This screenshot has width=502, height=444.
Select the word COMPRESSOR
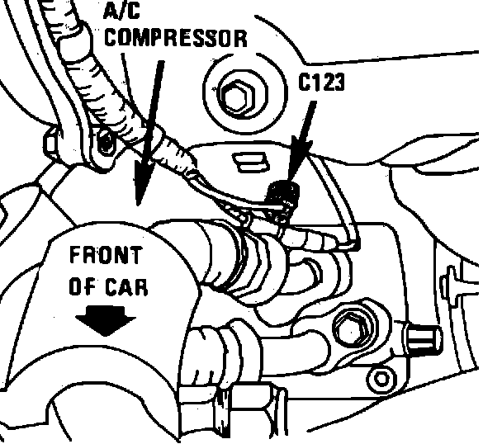(x=175, y=36)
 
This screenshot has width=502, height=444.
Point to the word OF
(x=81, y=287)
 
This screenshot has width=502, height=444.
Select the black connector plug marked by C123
(x=285, y=195)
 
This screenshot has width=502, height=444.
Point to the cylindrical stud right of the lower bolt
(x=427, y=338)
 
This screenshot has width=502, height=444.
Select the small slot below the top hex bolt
(x=245, y=154)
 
